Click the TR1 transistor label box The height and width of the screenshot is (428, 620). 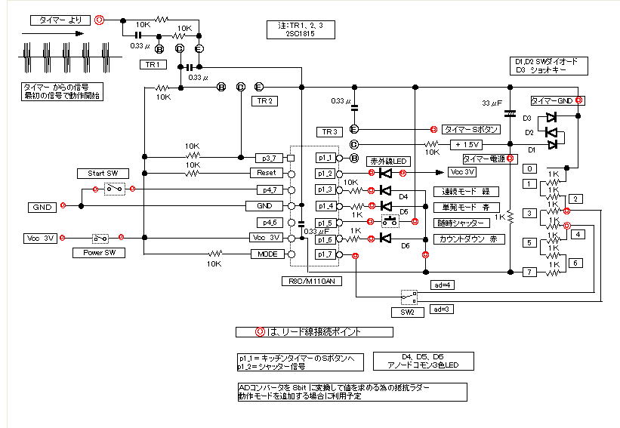pos(151,65)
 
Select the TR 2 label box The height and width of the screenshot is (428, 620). pos(264,100)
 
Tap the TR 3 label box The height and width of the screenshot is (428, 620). pos(329,131)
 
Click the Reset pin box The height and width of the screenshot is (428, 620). pos(265,173)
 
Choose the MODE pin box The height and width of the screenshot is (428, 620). pos(265,254)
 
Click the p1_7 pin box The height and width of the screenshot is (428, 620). pos(325,255)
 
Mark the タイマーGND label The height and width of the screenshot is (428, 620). pos(552,100)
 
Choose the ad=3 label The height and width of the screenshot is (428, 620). pos(442,309)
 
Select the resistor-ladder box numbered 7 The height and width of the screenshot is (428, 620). pos(531,272)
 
